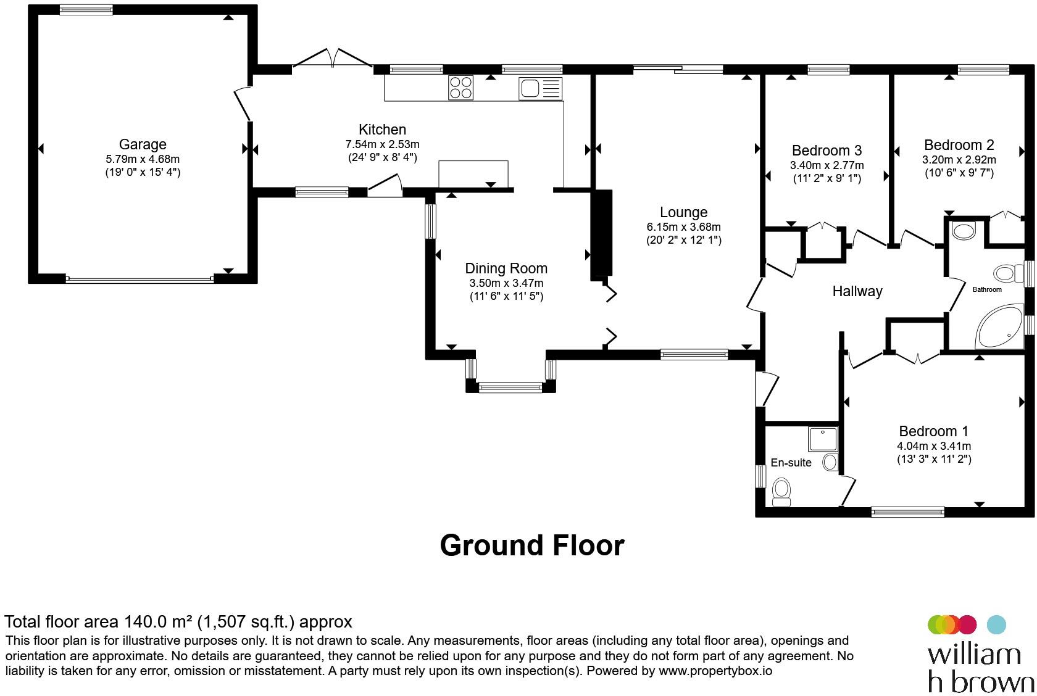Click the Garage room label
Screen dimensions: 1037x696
pyautogui.click(x=143, y=144)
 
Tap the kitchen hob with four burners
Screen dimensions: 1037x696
pyautogui.click(x=460, y=88)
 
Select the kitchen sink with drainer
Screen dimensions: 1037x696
pyautogui.click(x=540, y=88)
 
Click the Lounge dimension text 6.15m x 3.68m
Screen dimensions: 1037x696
pyautogui.click(x=683, y=227)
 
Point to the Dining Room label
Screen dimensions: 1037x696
pyautogui.click(x=506, y=268)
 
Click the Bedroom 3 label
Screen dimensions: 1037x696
pyautogui.click(x=827, y=151)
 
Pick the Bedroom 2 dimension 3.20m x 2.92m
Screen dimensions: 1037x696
pyautogui.click(x=959, y=160)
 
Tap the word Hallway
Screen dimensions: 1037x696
pyautogui.click(x=857, y=291)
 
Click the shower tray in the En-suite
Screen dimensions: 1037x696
pyautogui.click(x=823, y=439)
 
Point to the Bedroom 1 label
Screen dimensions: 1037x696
pyautogui.click(x=933, y=431)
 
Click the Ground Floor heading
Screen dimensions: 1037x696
pyautogui.click(x=532, y=545)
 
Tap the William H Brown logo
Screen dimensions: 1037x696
pyautogui.click(x=980, y=653)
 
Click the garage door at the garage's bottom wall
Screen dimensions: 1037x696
pyautogui.click(x=140, y=280)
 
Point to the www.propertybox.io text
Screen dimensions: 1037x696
pyautogui.click(x=715, y=671)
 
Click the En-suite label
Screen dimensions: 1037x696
pyautogui.click(x=791, y=463)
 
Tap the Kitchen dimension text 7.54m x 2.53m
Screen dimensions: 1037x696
pyautogui.click(x=383, y=144)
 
